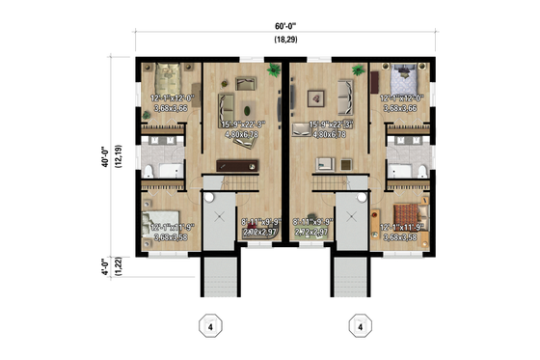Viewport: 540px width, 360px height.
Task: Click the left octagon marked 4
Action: [208, 327]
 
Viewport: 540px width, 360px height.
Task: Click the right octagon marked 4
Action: [360, 327]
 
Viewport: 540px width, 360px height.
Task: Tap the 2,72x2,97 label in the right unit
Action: [312, 233]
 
